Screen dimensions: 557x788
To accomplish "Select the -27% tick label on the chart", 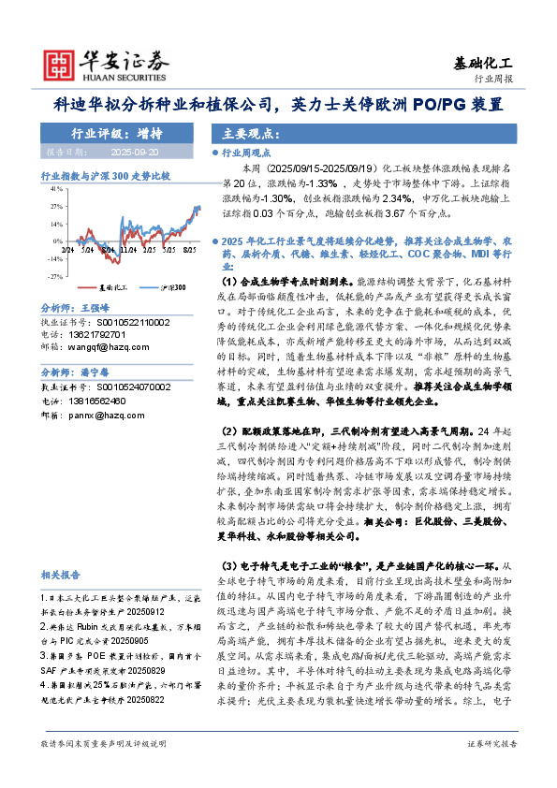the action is [x=54, y=277].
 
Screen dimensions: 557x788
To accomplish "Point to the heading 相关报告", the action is [x=61, y=574].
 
